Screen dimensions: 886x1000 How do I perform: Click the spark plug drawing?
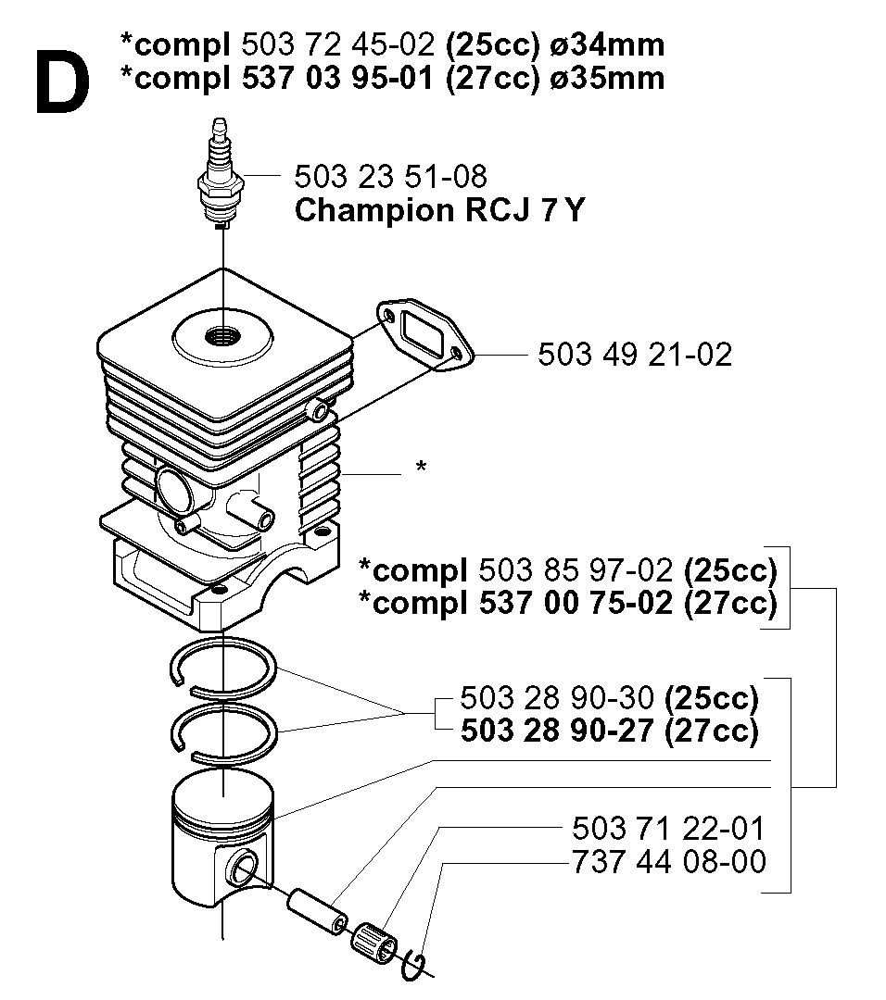(x=221, y=172)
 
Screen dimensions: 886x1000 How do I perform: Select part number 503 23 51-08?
(x=390, y=177)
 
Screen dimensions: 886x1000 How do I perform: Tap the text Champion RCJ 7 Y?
(x=439, y=210)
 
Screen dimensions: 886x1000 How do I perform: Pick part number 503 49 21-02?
(x=635, y=355)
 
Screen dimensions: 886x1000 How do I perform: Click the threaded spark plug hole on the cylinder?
(x=222, y=336)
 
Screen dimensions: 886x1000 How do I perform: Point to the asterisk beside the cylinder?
(x=421, y=467)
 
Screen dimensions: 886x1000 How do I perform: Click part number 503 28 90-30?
(x=557, y=698)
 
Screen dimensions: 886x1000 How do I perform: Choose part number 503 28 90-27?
(x=557, y=731)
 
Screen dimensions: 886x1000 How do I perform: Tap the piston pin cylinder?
(x=318, y=913)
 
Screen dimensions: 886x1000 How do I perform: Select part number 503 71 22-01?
(x=668, y=829)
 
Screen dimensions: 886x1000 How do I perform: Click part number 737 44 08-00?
(x=668, y=862)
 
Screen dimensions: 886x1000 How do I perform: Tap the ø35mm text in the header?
(x=606, y=78)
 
